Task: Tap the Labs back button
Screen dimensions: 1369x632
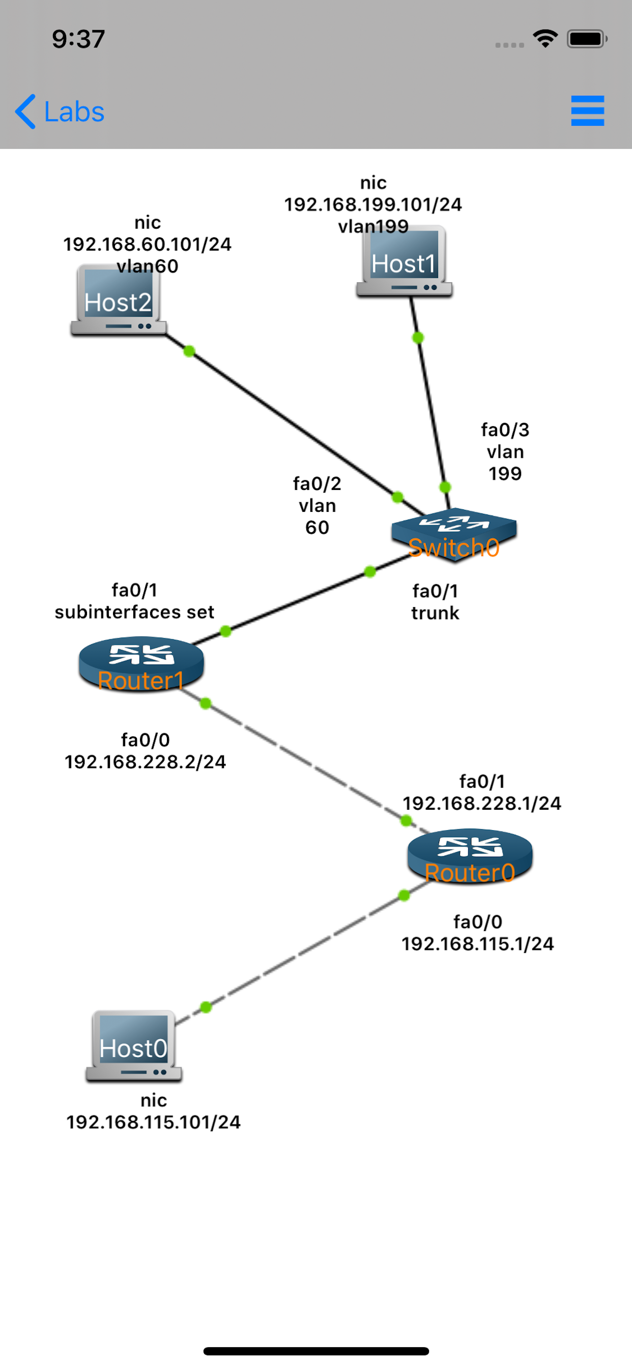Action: [x=60, y=112]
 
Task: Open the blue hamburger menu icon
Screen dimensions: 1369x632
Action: [x=587, y=111]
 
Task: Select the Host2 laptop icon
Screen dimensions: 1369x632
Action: [x=119, y=301]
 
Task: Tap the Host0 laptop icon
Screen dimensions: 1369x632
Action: [x=134, y=1046]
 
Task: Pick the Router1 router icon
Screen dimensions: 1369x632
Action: [x=141, y=664]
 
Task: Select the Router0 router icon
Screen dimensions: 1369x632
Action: [x=470, y=856]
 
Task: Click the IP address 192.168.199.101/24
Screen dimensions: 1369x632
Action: [x=373, y=205]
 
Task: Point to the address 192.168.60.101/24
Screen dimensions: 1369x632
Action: [x=147, y=244]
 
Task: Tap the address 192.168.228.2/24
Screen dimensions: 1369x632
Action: [x=145, y=762]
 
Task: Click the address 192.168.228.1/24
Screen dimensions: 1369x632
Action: [x=481, y=804]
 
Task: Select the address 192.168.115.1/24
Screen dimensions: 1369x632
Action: [x=477, y=944]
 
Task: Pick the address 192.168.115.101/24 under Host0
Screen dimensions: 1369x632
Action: [x=153, y=1122]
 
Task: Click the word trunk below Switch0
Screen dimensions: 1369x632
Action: [x=435, y=613]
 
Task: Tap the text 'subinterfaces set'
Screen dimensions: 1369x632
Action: [x=134, y=612]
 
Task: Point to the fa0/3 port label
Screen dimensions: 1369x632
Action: [x=505, y=430]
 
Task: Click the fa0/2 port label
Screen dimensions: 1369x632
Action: [x=317, y=484]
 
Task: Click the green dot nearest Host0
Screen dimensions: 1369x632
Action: [x=206, y=1007]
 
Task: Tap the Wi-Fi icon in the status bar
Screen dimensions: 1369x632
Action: [x=545, y=39]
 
